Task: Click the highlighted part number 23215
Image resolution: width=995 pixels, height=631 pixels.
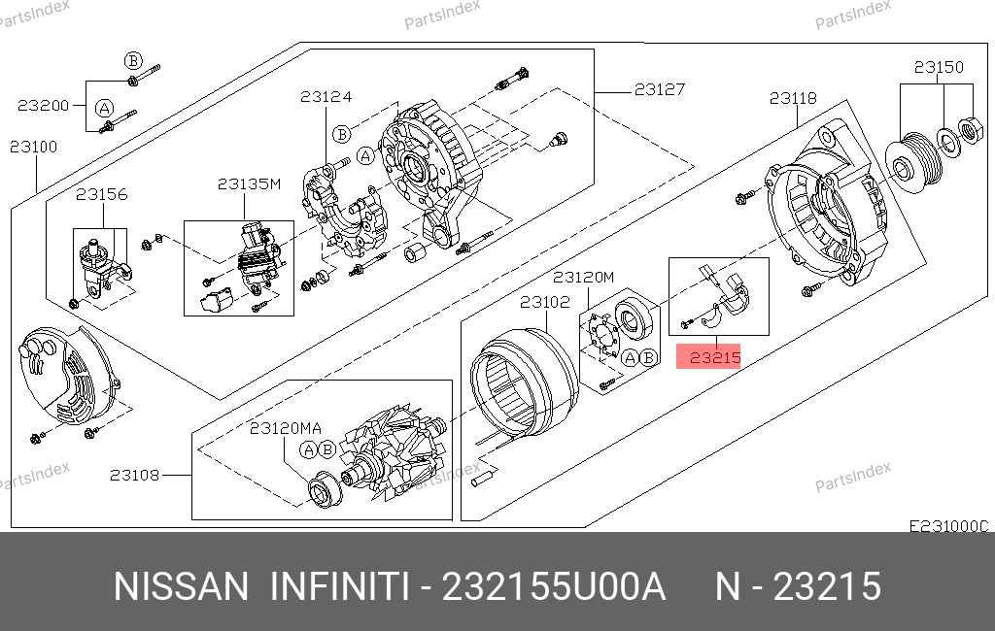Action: pos(715,357)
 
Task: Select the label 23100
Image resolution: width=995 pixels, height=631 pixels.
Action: pos(34,148)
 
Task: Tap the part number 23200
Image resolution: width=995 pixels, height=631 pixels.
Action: pos(43,105)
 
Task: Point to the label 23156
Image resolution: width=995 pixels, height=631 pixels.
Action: pos(101,194)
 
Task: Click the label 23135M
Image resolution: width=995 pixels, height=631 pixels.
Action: pos(249,183)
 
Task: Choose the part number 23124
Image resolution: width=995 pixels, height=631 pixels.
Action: pos(326,96)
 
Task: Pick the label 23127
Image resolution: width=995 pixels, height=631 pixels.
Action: pos(660,89)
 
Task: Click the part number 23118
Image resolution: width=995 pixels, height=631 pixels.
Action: pos(793,98)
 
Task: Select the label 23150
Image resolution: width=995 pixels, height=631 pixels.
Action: pos(939,67)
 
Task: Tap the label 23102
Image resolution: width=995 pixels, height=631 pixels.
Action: pos(545,302)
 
